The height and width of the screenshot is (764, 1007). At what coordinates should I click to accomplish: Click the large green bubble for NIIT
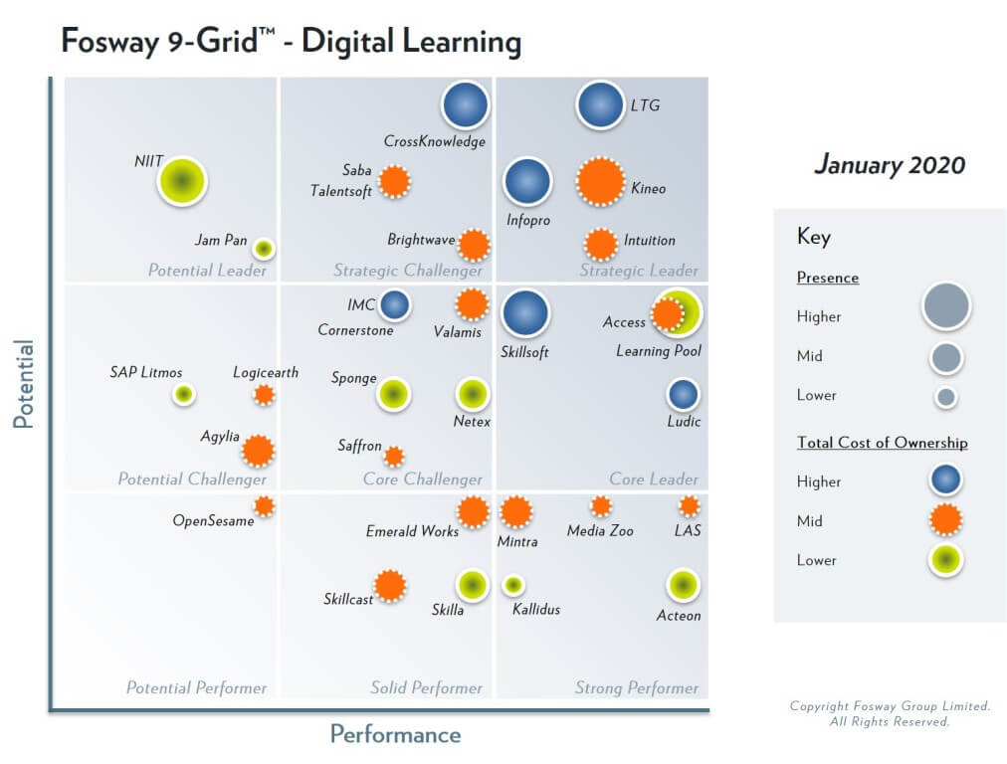[182, 182]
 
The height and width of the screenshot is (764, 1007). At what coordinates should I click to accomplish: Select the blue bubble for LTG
[601, 105]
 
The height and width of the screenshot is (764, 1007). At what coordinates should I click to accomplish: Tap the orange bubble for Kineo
[600, 182]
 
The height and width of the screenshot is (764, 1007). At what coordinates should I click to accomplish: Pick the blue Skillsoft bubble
[525, 313]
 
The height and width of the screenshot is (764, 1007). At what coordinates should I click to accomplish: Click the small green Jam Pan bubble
[263, 248]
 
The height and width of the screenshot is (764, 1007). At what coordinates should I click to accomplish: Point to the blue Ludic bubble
[683, 394]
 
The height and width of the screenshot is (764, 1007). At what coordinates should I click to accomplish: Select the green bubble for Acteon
[682, 586]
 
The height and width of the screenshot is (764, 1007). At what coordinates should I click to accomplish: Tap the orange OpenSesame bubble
[264, 505]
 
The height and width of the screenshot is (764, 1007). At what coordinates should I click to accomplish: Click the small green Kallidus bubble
[513, 585]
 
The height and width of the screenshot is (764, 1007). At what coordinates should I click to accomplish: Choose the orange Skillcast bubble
[390, 586]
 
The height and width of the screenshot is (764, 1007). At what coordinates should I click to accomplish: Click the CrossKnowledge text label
[435, 141]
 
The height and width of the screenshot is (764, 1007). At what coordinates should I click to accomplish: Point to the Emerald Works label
[412, 531]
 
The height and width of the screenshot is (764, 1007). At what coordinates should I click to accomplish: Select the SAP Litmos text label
[146, 373]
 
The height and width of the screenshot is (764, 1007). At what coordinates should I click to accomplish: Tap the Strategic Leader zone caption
[638, 271]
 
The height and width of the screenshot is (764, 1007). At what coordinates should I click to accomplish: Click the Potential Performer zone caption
[196, 687]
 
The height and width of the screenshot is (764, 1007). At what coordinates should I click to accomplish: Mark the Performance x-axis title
[395, 734]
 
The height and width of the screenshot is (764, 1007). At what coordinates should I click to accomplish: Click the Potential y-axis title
[23, 384]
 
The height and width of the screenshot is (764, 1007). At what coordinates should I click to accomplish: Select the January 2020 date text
[890, 164]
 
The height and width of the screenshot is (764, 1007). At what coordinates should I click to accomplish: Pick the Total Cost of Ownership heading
[882, 443]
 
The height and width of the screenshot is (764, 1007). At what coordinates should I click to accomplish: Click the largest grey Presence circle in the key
[945, 306]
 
